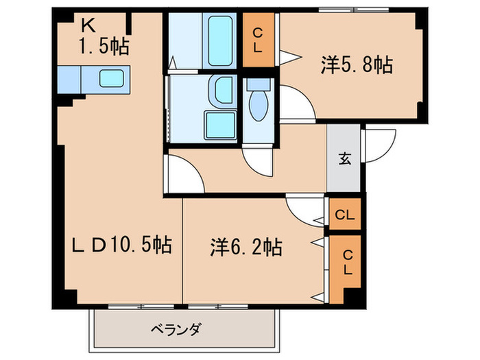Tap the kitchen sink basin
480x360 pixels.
coord(110,77)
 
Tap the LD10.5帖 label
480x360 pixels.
coord(123,245)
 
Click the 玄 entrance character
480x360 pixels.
coord(345,159)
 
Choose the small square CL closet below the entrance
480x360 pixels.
coord(345,215)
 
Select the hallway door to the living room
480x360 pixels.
coord(182,175)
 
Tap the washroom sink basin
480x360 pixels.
coord(223,89)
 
